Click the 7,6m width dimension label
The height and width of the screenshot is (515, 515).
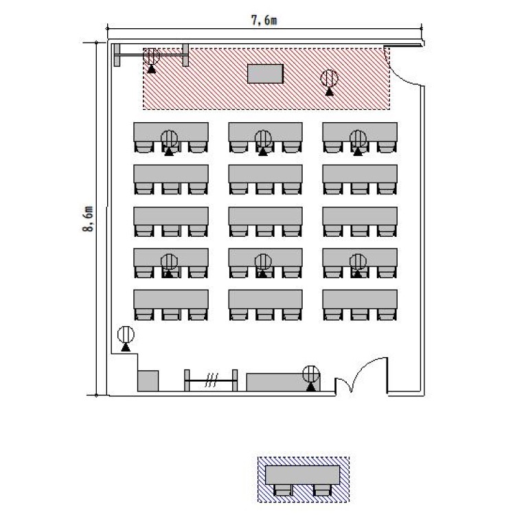pos(264,21)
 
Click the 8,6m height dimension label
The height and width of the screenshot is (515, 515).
pos(88,219)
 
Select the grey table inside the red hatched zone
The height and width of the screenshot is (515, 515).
pos(265,73)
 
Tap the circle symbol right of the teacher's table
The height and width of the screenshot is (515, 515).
pos(329,78)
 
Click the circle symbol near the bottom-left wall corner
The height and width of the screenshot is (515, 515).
pos(126,334)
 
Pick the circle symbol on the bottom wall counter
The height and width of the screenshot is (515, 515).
pos(311,374)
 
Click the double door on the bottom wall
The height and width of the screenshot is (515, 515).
pos(361,376)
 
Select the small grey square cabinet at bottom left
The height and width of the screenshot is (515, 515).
pos(148,380)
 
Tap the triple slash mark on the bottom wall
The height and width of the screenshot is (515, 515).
pos(211,380)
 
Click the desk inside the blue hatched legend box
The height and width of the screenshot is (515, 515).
pos(302,475)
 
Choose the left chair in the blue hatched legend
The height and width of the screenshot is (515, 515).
pos(283,490)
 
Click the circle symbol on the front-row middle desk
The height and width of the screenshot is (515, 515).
pos(263,139)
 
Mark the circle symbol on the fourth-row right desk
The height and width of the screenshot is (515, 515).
pos(358,262)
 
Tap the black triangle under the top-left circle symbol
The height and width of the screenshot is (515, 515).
pos(152,69)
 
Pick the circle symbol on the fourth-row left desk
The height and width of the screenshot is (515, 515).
pos(169,262)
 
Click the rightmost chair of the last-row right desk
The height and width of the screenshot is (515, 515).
pos(387,314)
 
